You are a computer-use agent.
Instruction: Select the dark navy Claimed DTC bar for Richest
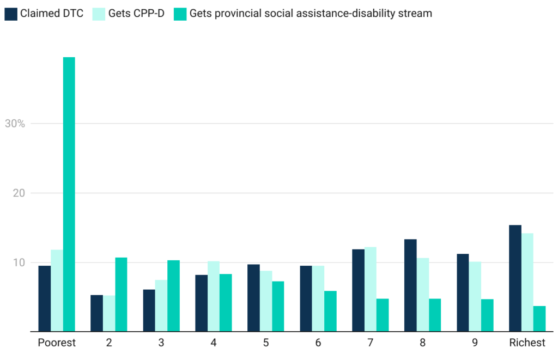(x=515, y=278)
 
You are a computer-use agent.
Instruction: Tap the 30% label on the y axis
(x=15, y=124)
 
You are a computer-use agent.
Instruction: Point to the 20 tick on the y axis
(x=19, y=193)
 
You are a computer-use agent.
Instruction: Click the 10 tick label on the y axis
(x=19, y=263)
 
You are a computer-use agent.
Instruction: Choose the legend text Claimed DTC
(x=52, y=14)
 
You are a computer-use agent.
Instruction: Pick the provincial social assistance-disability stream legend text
(x=311, y=14)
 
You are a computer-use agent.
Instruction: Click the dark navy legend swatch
(x=11, y=14)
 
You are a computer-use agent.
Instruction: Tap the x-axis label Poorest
(x=57, y=343)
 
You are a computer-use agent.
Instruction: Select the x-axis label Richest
(x=527, y=343)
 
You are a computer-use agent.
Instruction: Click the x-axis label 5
(x=266, y=343)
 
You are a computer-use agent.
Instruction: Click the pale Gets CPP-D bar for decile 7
(x=370, y=289)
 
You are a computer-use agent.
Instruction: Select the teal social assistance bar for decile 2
(x=121, y=294)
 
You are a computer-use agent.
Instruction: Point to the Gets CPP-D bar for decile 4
(x=213, y=296)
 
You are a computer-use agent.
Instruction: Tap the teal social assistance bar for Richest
(x=539, y=319)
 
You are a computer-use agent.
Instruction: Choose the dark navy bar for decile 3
(x=149, y=310)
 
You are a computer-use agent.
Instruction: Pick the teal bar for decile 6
(x=330, y=311)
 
